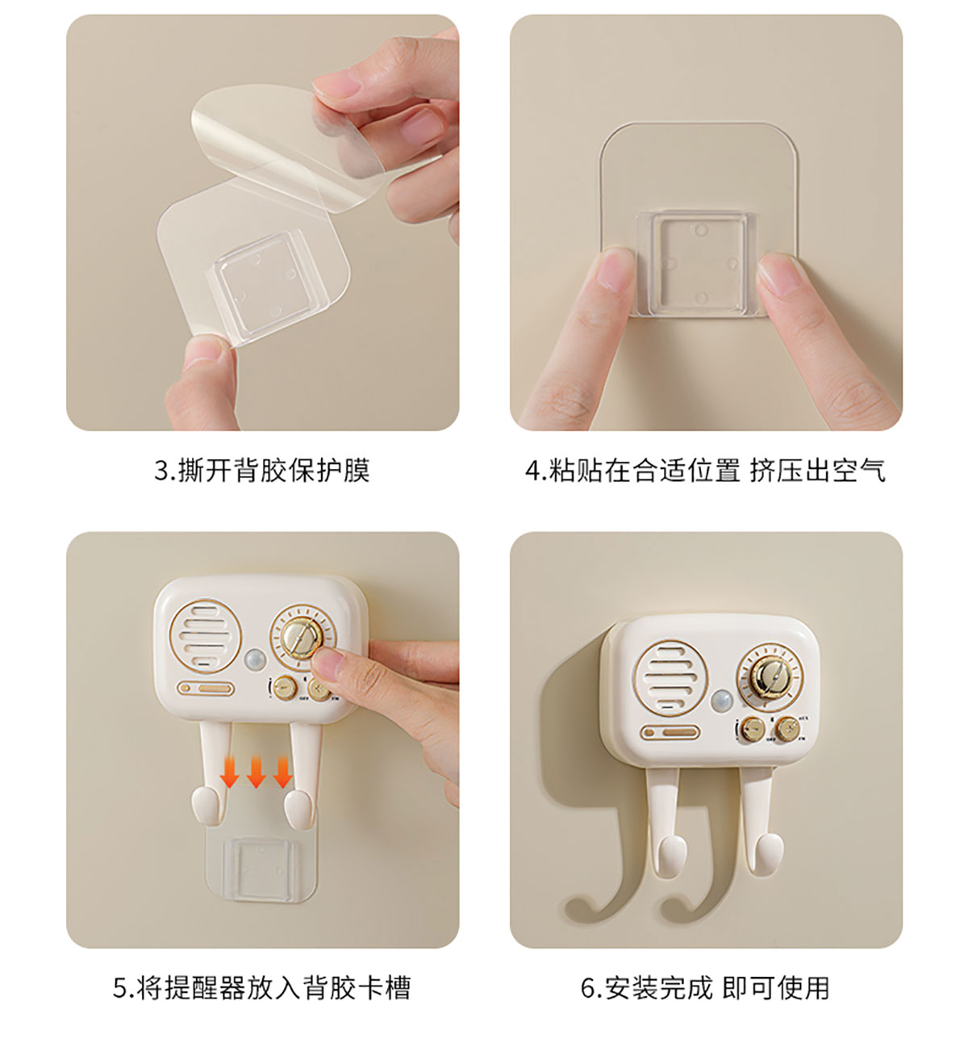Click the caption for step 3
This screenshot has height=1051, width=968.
click(x=262, y=470)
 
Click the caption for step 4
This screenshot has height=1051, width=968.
click(x=706, y=470)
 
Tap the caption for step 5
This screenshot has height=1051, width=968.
click(x=262, y=988)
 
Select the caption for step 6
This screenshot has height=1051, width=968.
click(x=705, y=988)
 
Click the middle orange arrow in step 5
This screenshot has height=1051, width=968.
click(x=256, y=771)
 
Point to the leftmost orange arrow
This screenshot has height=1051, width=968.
click(x=229, y=771)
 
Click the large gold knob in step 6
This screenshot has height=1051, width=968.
click(x=767, y=680)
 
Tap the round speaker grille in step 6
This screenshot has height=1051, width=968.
click(x=671, y=678)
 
